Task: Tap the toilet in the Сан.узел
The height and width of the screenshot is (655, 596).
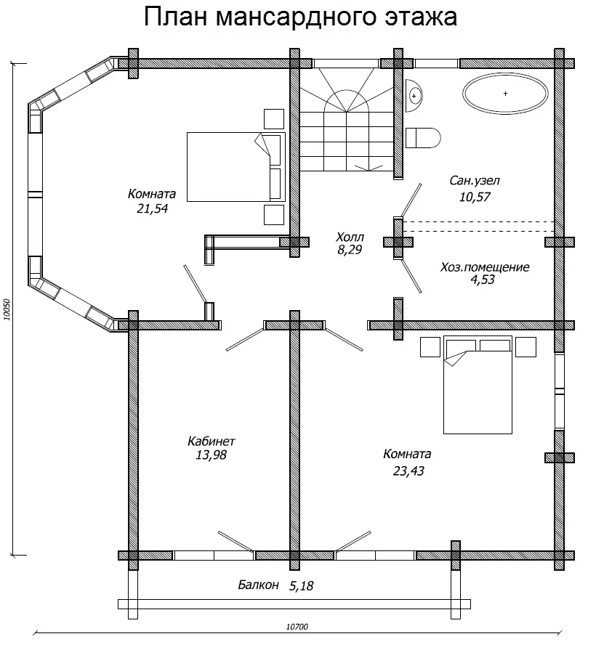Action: coord(423,138)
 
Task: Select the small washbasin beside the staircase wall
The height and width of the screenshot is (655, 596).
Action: coord(414,96)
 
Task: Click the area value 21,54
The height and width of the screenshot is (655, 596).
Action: coord(152,208)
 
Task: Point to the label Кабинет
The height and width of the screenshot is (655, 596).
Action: coord(212,441)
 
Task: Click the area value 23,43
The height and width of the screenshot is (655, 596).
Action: coord(408,471)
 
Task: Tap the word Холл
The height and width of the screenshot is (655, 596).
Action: coord(350,237)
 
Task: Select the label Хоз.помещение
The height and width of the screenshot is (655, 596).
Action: coord(485,267)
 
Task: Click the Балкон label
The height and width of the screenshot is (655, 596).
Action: coord(258,585)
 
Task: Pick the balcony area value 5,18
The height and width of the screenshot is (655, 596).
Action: coord(301,586)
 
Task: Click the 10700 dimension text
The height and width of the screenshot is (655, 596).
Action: coord(297,627)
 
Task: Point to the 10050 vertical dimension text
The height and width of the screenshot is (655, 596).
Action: coord(7,309)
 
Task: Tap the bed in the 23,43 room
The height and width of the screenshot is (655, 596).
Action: coord(478,385)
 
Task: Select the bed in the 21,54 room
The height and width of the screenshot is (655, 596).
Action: coord(236,167)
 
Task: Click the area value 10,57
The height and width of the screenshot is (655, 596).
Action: coord(475,197)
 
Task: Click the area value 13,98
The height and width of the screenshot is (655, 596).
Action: coord(212,455)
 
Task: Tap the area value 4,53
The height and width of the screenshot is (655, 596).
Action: coord(483,280)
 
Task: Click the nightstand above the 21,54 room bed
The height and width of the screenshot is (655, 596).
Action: coord(274,119)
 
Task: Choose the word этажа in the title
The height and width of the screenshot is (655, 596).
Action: coord(421,17)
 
